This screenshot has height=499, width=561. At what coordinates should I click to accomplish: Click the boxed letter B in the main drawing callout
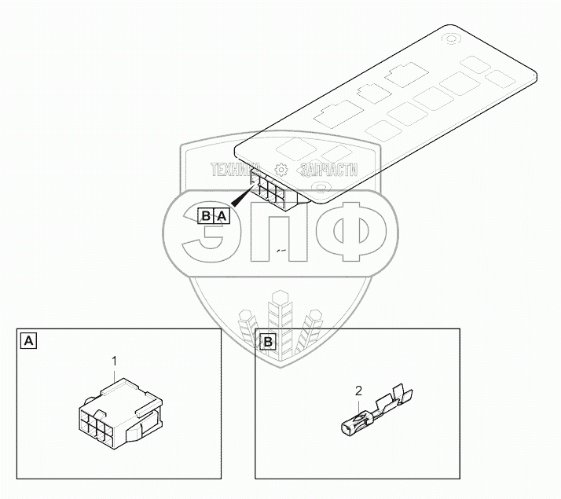(205, 215)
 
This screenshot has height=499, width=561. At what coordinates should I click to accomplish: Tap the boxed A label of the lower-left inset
(29, 341)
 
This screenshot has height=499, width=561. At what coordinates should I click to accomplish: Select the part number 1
(115, 361)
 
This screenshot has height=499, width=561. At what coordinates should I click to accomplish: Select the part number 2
(358, 391)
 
